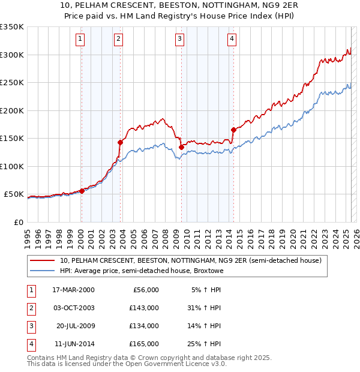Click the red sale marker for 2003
coord(120,142)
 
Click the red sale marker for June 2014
coord(233,130)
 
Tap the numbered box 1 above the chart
coord(80,40)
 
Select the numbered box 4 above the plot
coord(232,40)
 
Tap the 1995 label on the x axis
coord(28,234)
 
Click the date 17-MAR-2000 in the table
coord(73,290)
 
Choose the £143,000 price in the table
coord(143,308)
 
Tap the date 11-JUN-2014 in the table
coord(73,344)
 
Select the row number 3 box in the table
coord(31,326)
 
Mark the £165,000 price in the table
coord(143,344)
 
